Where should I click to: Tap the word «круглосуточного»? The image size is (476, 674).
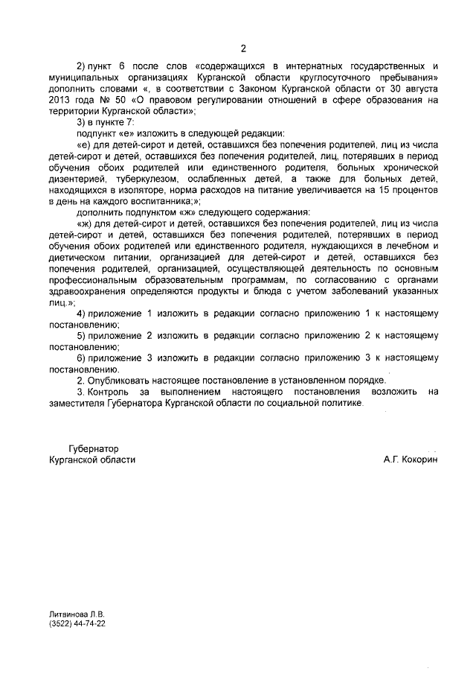335,78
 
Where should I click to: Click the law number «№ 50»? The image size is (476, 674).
109,101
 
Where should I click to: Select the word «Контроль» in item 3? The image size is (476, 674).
108,391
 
